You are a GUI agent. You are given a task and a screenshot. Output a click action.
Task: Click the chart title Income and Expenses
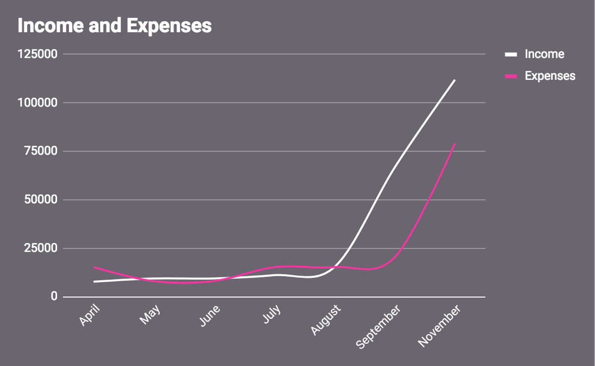tap(115, 26)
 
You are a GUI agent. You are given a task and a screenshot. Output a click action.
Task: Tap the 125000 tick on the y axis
tap(37, 54)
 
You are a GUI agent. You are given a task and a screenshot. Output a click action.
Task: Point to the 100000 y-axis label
tap(37, 103)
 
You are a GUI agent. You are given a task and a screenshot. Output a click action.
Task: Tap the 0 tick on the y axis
tap(54, 297)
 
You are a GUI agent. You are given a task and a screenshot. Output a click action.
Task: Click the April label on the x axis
tap(89, 314)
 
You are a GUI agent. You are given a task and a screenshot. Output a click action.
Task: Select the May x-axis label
tap(151, 314)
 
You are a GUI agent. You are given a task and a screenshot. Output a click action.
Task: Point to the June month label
tap(210, 315)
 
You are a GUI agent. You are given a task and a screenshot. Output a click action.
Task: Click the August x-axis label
tap(326, 319)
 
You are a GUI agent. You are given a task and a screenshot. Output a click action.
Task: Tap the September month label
tap(379, 326)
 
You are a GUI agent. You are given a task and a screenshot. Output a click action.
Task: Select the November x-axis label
tap(440, 325)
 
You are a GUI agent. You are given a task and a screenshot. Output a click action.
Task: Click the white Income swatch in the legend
tap(511, 54)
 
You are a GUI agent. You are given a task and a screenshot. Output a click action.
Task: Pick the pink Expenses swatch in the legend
tap(511, 76)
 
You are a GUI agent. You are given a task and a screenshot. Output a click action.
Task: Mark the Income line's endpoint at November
tap(454, 80)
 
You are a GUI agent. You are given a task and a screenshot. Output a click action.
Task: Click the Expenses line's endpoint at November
tap(454, 144)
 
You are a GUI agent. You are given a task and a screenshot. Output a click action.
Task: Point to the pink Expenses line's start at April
tap(94, 267)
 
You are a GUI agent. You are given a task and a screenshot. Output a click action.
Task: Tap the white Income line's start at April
tap(94, 282)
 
